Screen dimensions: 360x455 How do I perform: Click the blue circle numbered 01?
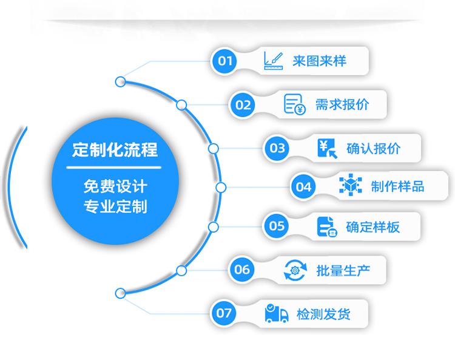[x=225, y=61]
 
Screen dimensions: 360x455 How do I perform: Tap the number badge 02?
[x=243, y=105]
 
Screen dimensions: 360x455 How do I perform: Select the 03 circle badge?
[x=277, y=148]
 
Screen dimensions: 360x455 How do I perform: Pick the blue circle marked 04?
[x=304, y=186]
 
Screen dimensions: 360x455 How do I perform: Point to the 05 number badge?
[x=277, y=226]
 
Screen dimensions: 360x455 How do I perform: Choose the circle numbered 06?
[x=242, y=269]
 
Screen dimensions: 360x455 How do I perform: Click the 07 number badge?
[x=224, y=313]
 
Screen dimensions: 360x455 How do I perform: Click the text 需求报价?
[x=342, y=104]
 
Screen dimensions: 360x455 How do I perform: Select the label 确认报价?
[x=373, y=148]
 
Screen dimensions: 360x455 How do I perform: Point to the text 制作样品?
[x=398, y=186]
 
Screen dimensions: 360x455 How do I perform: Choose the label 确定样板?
[x=373, y=227]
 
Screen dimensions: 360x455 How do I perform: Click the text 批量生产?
[x=343, y=270]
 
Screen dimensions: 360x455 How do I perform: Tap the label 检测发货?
[x=323, y=314]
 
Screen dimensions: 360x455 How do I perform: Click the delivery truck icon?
[x=277, y=313]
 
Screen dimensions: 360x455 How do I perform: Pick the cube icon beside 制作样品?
[x=350, y=185]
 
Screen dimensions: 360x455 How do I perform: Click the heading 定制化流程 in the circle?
[x=115, y=149]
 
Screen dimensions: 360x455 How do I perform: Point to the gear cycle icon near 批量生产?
[x=295, y=270]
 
